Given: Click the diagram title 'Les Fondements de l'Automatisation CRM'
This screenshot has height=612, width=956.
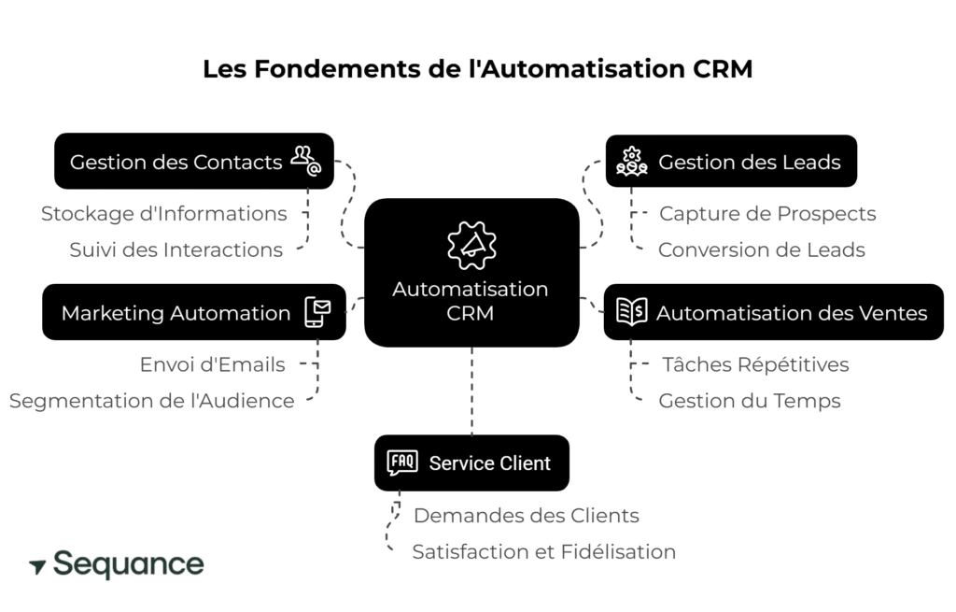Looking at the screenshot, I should pyautogui.click(x=477, y=70).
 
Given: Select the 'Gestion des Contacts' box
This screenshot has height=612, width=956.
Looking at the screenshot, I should pyautogui.click(x=193, y=162).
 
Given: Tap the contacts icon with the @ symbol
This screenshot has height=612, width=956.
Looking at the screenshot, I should pyautogui.click(x=305, y=161).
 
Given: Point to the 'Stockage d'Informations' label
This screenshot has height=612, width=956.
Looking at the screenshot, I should pyautogui.click(x=164, y=214).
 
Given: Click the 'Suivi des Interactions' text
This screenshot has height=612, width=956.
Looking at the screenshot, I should pyautogui.click(x=176, y=250).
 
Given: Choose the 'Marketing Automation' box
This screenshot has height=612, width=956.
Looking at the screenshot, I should pyautogui.click(x=193, y=313).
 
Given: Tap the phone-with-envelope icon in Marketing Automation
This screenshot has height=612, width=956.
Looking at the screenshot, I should pyautogui.click(x=317, y=312).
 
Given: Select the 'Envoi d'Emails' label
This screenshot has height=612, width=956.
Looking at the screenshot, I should pyautogui.click(x=212, y=364).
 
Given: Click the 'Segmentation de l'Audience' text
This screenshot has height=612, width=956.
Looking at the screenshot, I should pyautogui.click(x=151, y=401).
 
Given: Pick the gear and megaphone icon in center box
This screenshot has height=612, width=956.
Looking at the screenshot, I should pyautogui.click(x=471, y=244).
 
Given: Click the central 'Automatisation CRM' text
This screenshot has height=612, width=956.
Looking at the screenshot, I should pyautogui.click(x=471, y=301).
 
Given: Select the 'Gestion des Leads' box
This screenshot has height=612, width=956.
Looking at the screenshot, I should pyautogui.click(x=731, y=162).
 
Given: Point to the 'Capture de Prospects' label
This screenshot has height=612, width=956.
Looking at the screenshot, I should pyautogui.click(x=767, y=214).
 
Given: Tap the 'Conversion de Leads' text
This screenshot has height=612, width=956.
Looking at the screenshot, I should pyautogui.click(x=761, y=250).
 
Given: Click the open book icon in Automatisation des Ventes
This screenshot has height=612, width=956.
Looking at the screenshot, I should pyautogui.click(x=632, y=312).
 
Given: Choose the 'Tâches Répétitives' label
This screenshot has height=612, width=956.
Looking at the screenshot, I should pyautogui.click(x=755, y=364).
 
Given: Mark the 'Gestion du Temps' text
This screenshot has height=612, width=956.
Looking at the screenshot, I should pyautogui.click(x=750, y=401).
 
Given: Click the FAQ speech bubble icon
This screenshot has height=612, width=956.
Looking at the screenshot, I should pyautogui.click(x=402, y=463).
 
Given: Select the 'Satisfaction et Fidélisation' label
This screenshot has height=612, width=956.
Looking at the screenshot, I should pyautogui.click(x=543, y=552).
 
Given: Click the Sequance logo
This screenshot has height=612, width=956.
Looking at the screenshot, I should pyautogui.click(x=117, y=565).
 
